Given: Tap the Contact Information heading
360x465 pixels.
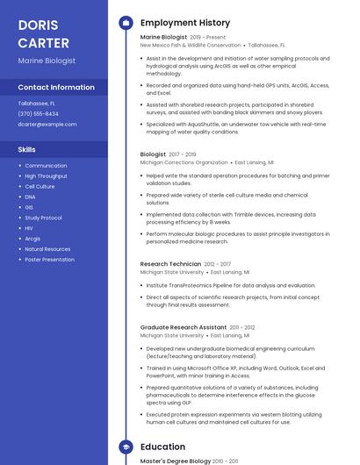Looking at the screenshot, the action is (56, 88).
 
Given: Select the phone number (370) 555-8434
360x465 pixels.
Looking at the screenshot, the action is (39, 114).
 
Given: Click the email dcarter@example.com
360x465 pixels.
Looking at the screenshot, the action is (47, 125).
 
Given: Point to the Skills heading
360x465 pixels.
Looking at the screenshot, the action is (26, 150).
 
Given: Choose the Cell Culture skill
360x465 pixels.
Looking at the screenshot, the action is (40, 187).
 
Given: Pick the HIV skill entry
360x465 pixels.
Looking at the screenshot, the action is (29, 228).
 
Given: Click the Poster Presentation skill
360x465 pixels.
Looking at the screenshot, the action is (49, 260).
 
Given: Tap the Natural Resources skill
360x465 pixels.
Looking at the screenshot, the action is (47, 249).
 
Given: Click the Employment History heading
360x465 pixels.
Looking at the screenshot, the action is (185, 23).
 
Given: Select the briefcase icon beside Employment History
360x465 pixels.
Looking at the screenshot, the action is (126, 23).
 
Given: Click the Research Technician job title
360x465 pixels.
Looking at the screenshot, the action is (170, 264).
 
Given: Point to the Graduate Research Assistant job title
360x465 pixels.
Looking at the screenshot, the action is (184, 327).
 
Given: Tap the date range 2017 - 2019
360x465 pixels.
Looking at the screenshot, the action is (182, 154).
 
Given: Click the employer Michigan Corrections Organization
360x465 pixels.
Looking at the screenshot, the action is (184, 162).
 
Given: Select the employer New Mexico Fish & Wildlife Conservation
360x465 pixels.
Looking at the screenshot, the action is (191, 45).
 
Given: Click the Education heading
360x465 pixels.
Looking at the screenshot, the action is (162, 447).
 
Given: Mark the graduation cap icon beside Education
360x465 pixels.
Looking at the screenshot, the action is (126, 447).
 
